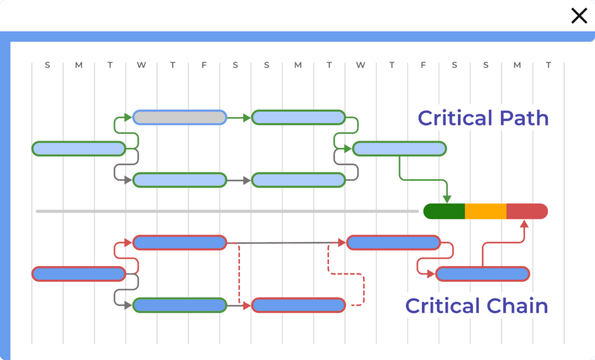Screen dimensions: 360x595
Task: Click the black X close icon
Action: coord(579,16)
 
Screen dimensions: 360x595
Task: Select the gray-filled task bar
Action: coord(180,117)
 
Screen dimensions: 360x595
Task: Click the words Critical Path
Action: coord(483,118)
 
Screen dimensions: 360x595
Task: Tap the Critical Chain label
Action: coord(476,305)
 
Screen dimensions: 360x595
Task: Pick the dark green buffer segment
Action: coord(445,211)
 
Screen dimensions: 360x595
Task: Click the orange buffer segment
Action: coord(486,211)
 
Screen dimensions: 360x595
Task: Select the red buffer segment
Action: coord(527,211)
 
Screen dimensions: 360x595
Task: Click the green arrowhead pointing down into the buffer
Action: coord(446,199)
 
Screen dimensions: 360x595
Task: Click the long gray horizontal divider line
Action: coord(227,211)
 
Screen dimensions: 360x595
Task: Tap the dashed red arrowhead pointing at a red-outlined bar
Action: coord(246,305)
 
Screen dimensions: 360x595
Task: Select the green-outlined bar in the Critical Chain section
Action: coord(180,305)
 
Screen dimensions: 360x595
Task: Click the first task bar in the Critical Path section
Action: coord(78,149)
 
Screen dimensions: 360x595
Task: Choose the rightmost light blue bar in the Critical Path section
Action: coord(399,149)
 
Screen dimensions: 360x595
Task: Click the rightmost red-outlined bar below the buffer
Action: coord(482,273)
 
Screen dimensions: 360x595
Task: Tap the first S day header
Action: coord(48,65)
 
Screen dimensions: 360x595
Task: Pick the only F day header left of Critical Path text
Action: coord(204,65)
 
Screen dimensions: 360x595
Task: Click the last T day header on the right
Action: coord(548,65)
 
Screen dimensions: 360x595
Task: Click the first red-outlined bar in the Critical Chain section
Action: coord(78,273)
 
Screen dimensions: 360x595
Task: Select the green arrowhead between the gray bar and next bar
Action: coord(247,118)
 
